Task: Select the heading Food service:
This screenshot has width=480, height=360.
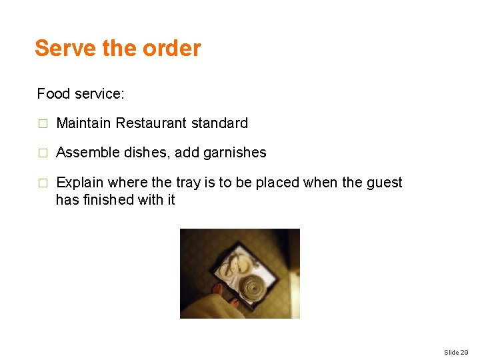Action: pyautogui.click(x=81, y=93)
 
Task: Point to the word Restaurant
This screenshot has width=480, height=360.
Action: pyautogui.click(x=151, y=123)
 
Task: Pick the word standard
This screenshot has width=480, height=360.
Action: pyautogui.click(x=219, y=123)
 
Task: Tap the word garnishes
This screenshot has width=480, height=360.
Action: pyautogui.click(x=235, y=153)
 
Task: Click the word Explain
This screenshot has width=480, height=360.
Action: pyautogui.click(x=79, y=183)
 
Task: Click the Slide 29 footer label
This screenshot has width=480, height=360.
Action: pyautogui.click(x=456, y=351)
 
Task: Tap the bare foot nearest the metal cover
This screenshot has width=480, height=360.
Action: pyautogui.click(x=234, y=301)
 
